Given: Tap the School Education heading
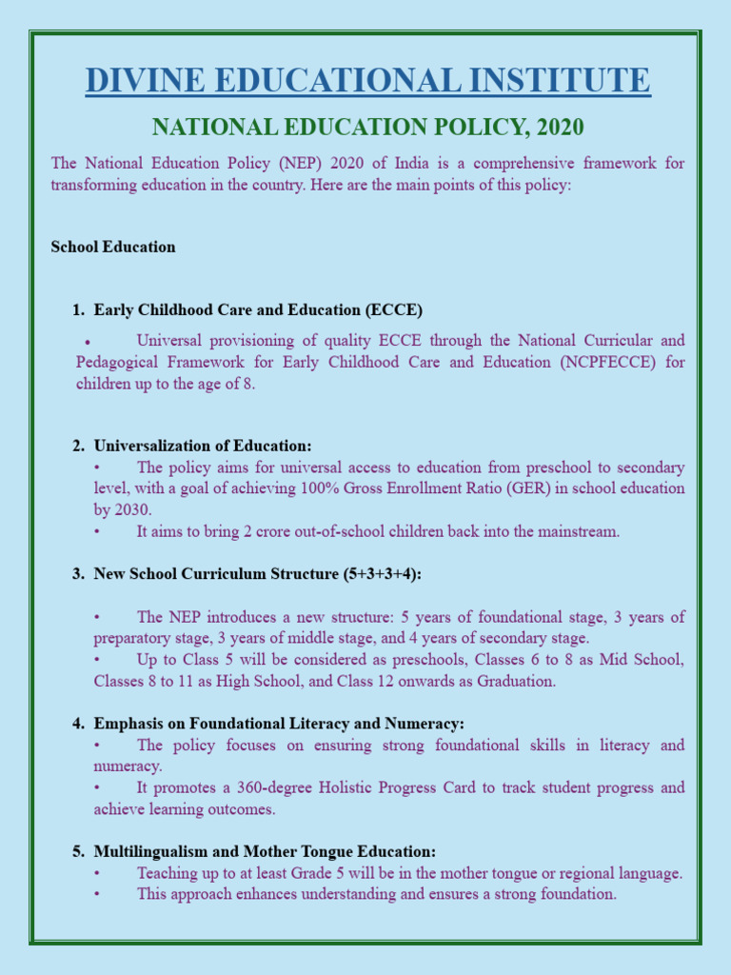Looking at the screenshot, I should point(113,247).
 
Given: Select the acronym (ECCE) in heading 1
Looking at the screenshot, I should point(393,309).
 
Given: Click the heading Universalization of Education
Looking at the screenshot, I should point(203,446).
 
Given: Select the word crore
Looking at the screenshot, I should point(257,531).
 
